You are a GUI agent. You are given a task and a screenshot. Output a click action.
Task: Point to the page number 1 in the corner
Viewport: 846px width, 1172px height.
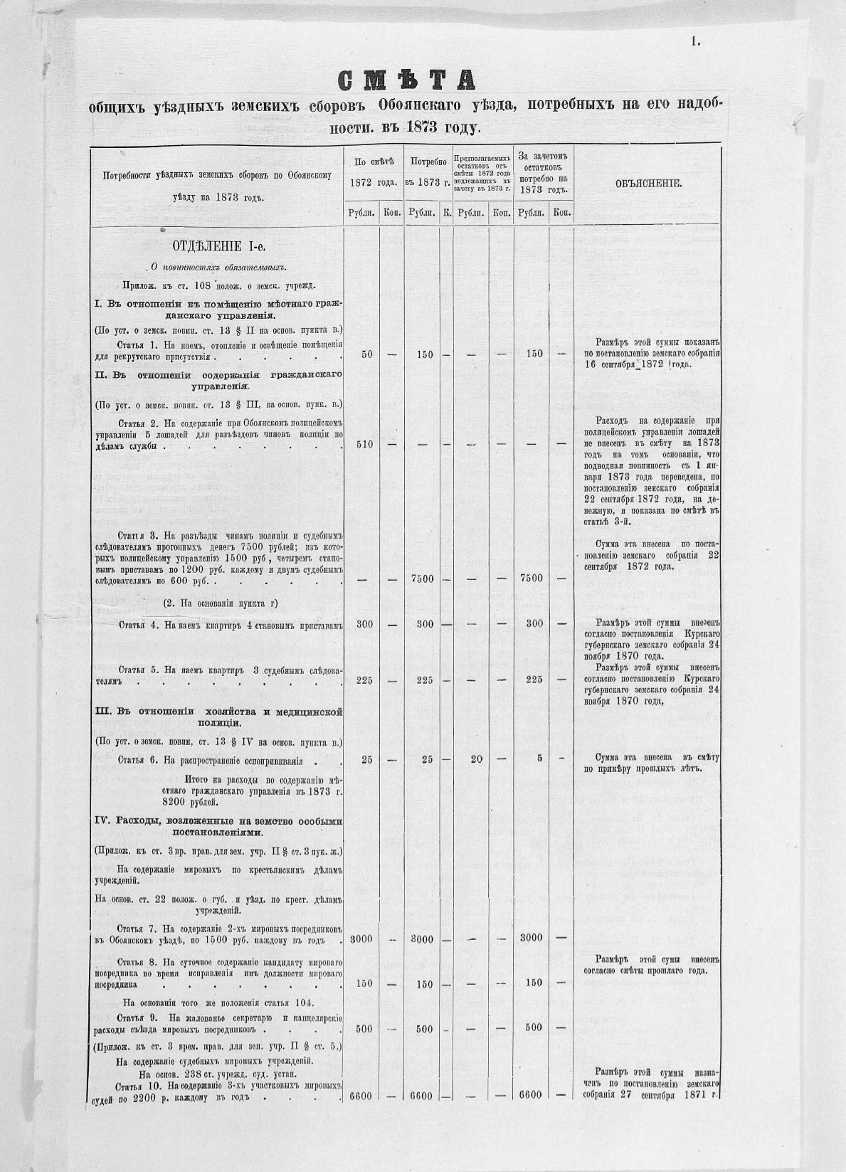[x=694, y=42]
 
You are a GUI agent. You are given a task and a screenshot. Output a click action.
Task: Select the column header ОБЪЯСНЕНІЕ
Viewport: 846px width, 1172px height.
[x=648, y=184]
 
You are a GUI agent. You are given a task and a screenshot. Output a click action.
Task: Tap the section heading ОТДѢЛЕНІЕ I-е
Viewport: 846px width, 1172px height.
[x=218, y=247]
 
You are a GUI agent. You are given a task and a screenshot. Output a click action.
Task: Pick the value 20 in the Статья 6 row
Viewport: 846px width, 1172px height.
[x=476, y=759]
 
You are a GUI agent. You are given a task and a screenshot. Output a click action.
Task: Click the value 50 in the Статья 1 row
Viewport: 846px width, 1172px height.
[x=367, y=354]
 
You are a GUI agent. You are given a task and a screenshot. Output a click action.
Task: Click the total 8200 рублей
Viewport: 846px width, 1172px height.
[x=200, y=801]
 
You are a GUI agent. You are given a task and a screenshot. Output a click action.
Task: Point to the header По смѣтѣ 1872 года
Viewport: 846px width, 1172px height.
[x=374, y=173]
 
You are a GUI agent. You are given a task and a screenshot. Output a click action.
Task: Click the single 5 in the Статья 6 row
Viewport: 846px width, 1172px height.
[x=539, y=759]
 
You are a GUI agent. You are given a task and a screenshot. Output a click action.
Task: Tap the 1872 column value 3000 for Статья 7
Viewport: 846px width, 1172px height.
[x=361, y=939]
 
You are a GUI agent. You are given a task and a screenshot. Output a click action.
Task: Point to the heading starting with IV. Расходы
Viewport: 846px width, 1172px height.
[x=218, y=826]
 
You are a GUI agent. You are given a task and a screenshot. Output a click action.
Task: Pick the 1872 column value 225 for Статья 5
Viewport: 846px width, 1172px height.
[x=364, y=680]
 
